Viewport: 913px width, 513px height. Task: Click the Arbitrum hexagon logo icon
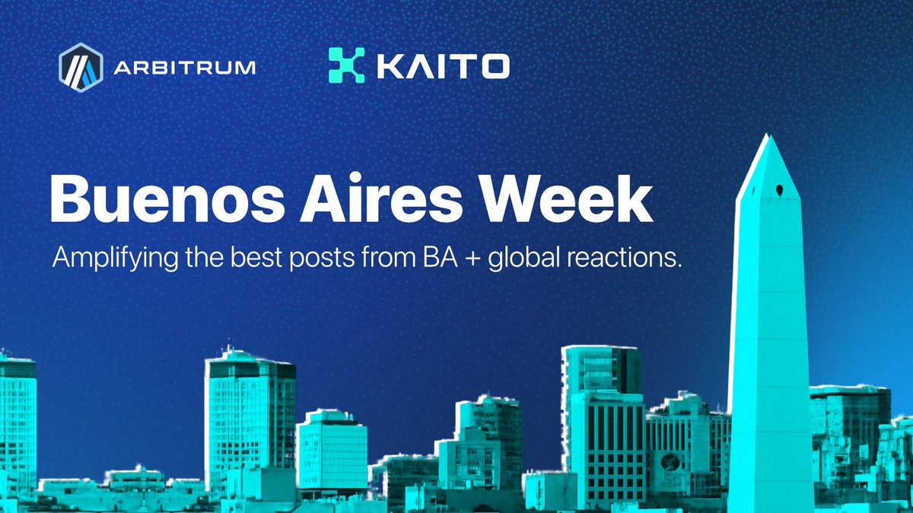[80, 67]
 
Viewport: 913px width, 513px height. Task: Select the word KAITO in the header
[441, 65]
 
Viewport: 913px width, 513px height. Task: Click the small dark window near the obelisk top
[780, 188]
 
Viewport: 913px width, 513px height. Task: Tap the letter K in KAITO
[387, 65]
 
